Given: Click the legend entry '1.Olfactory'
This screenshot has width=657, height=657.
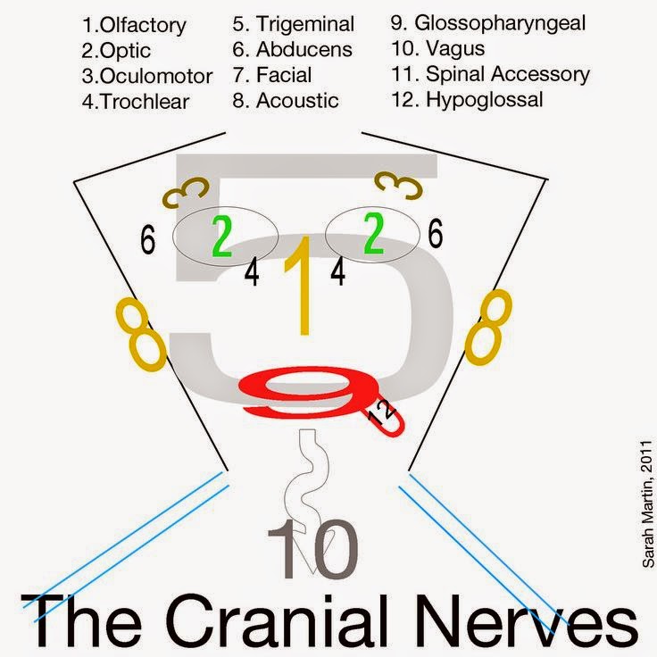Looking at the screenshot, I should [135, 24].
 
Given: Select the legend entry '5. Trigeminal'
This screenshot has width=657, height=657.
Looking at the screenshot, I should [293, 24].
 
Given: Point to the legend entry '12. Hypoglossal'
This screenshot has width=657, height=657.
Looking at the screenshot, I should [467, 100].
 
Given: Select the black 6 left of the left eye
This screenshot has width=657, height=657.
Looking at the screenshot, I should [148, 239].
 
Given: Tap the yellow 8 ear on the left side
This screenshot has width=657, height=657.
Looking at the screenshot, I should [141, 334].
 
